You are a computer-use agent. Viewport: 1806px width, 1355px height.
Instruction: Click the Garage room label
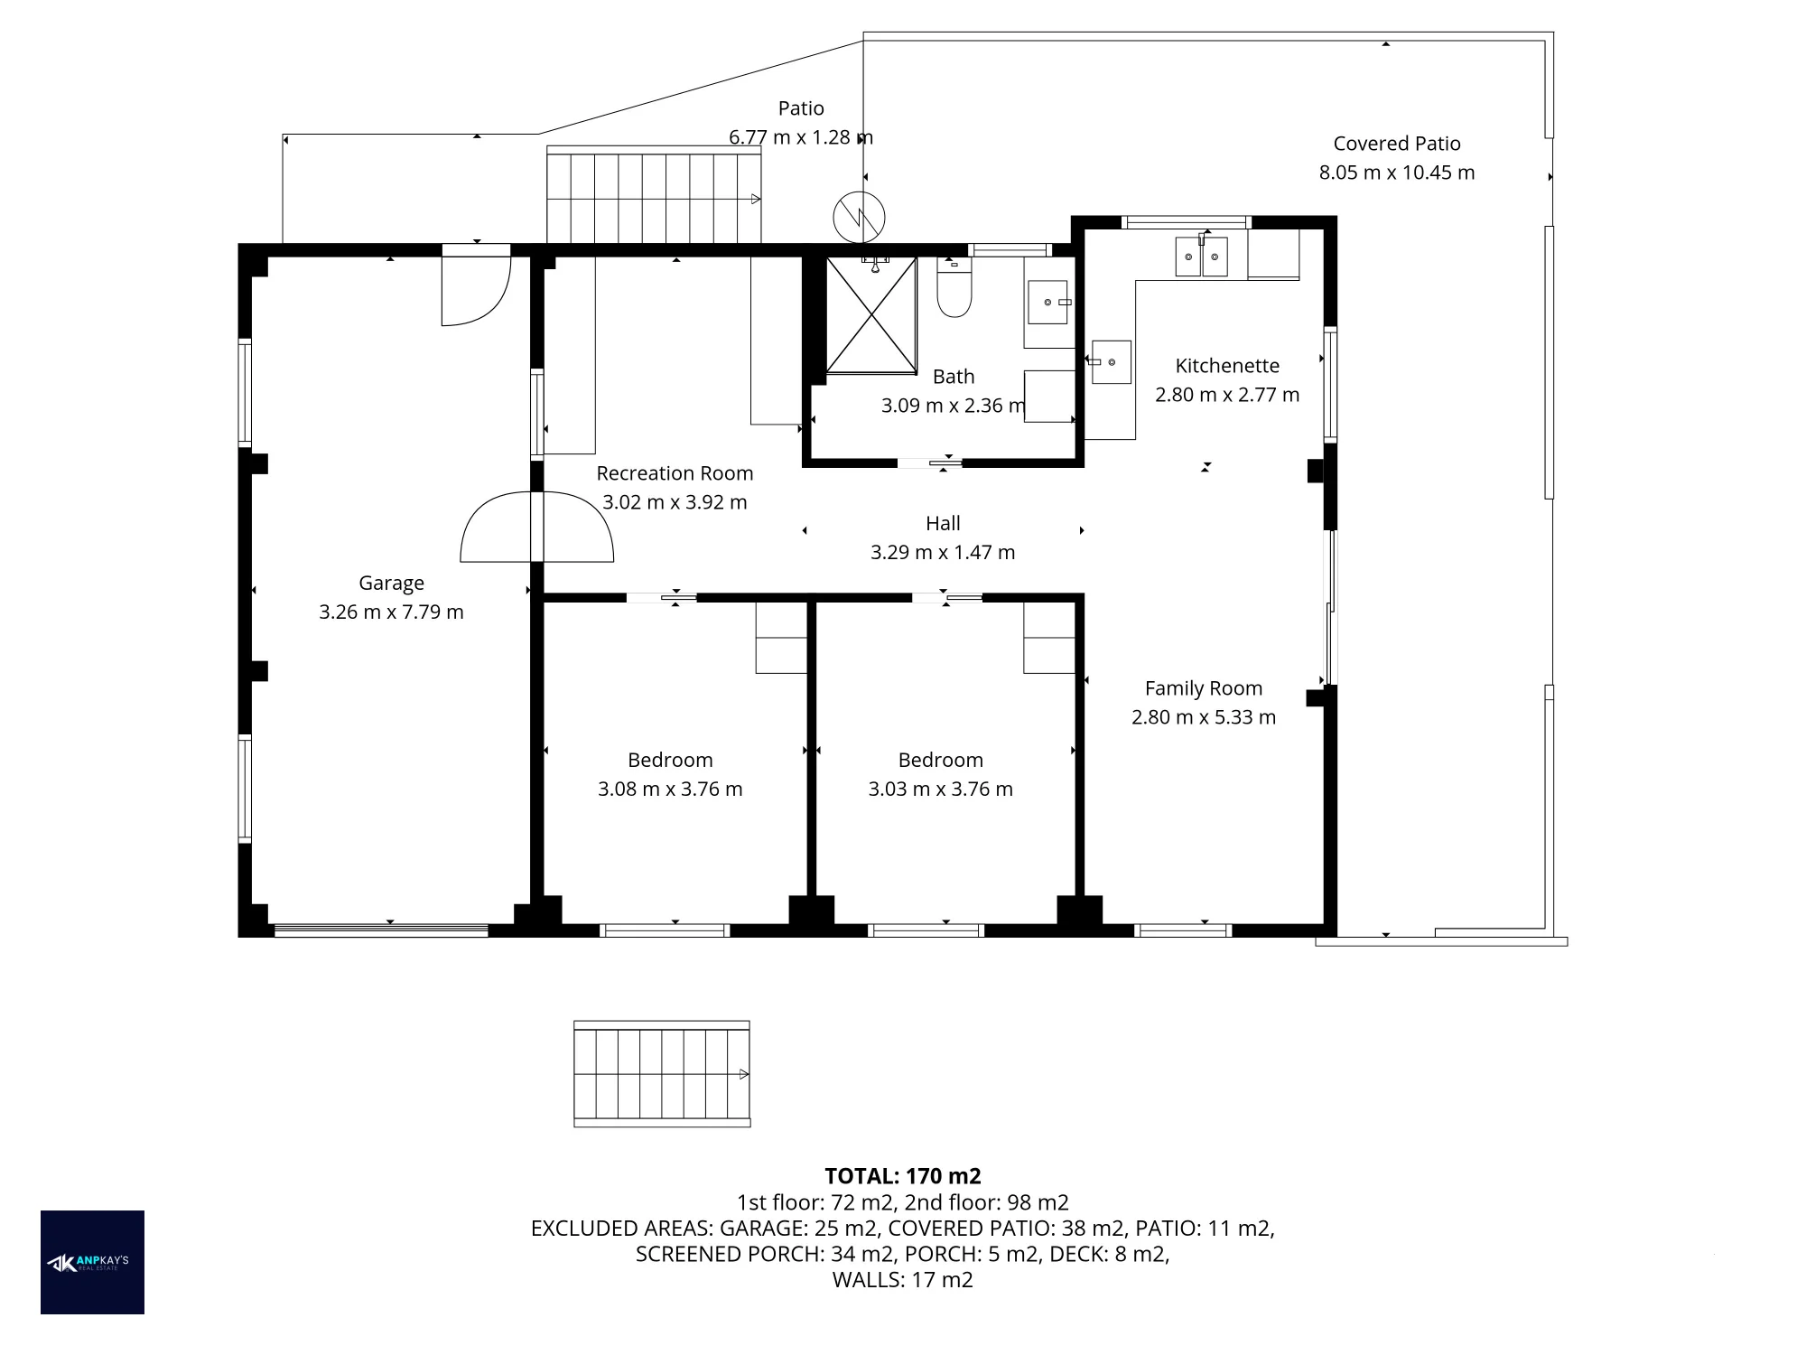391,583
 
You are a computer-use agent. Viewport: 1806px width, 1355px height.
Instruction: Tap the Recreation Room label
675,473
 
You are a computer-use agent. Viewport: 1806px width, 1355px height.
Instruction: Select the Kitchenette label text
1227,366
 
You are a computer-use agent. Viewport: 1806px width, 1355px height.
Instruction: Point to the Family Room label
1204,688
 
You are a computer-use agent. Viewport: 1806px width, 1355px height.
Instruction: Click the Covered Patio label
1397,144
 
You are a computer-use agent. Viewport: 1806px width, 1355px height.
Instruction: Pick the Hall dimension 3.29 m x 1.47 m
943,552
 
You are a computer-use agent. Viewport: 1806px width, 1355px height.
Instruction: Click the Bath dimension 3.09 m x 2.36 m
954,406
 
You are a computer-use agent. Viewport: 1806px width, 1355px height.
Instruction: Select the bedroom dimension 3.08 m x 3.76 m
670,789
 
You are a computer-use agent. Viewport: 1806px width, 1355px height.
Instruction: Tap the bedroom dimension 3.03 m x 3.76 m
941,789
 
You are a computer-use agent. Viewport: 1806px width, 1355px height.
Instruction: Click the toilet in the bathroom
954,287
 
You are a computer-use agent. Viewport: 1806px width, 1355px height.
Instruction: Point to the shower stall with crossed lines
871,315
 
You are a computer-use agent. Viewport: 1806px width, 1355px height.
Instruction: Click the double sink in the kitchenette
1201,257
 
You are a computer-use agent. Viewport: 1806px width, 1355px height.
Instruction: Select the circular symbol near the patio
859,218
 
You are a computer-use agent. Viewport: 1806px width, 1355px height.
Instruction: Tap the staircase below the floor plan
662,1074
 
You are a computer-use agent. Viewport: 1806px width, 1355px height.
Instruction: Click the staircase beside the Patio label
654,194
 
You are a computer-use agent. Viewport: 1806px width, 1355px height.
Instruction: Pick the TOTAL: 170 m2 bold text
903,1176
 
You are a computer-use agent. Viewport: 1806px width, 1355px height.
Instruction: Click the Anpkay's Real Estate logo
92,1262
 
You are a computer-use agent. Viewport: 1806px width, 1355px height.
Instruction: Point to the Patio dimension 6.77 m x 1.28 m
801,137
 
